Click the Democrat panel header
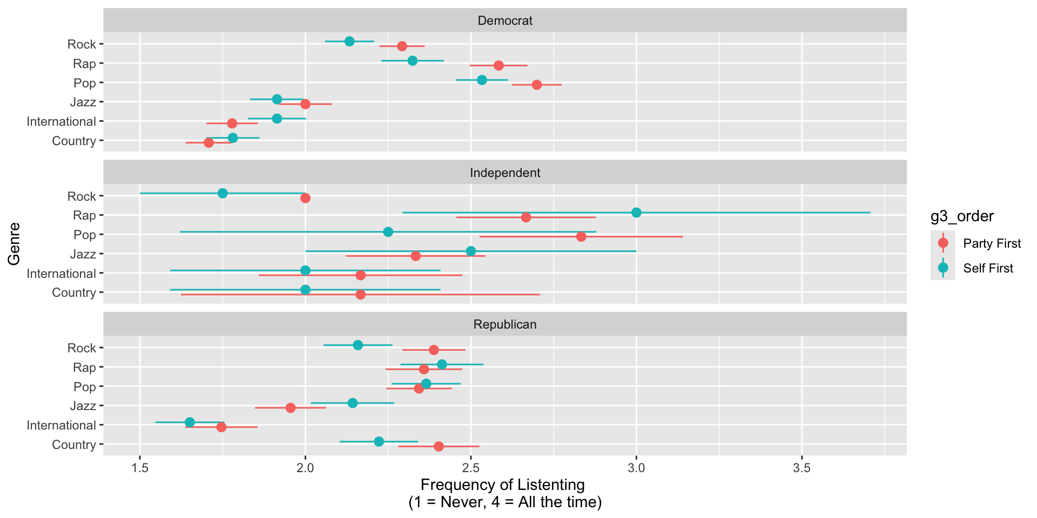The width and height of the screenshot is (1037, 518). [x=505, y=21]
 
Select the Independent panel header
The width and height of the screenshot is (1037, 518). [x=505, y=173]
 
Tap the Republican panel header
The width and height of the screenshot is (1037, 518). [x=505, y=324]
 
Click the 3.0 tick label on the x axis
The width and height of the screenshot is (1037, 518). [x=636, y=468]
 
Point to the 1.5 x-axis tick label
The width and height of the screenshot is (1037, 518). [x=140, y=468]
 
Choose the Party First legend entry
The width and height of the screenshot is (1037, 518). [x=992, y=243]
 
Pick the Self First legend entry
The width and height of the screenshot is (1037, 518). [x=988, y=268]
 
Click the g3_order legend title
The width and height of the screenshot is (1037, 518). [x=962, y=216]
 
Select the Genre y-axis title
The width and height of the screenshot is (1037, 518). [x=15, y=243]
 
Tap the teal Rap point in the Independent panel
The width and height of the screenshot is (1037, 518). [x=636, y=213]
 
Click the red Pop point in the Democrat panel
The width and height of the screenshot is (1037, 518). [x=536, y=85]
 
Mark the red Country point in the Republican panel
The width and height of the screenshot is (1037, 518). [x=439, y=446]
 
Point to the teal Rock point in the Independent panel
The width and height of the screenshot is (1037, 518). [x=223, y=193]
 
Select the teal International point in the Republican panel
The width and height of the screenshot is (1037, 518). [x=190, y=422]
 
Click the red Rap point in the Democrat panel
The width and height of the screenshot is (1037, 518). [x=499, y=65]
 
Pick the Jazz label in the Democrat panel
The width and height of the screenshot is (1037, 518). [x=83, y=102]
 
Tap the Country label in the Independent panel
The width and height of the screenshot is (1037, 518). [x=74, y=292]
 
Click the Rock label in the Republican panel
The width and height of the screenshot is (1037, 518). [x=82, y=348]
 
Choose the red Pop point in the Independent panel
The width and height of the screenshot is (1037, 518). [x=581, y=237]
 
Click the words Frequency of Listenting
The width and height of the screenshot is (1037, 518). [x=502, y=485]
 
